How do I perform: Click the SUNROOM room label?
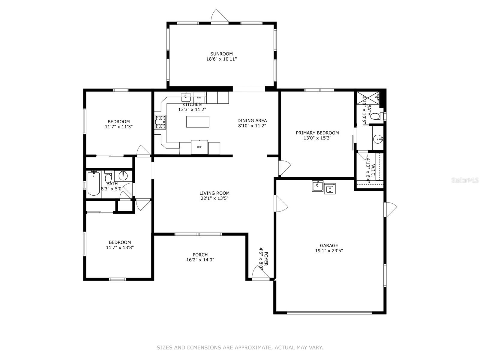(221, 54)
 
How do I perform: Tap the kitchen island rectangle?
(197, 121)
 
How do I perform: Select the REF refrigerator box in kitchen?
(199, 147)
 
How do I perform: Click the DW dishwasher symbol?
(199, 97)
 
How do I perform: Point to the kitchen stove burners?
(160, 122)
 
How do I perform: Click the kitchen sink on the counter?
(186, 97)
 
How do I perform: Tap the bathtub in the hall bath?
(94, 183)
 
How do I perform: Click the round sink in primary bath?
(378, 139)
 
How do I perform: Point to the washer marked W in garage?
(330, 188)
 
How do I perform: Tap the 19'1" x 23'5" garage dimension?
(329, 250)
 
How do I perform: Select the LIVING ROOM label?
(214, 193)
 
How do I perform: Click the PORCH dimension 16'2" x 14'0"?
(200, 260)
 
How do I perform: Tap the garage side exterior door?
(391, 209)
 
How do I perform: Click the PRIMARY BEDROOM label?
(317, 133)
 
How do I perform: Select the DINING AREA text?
(252, 121)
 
